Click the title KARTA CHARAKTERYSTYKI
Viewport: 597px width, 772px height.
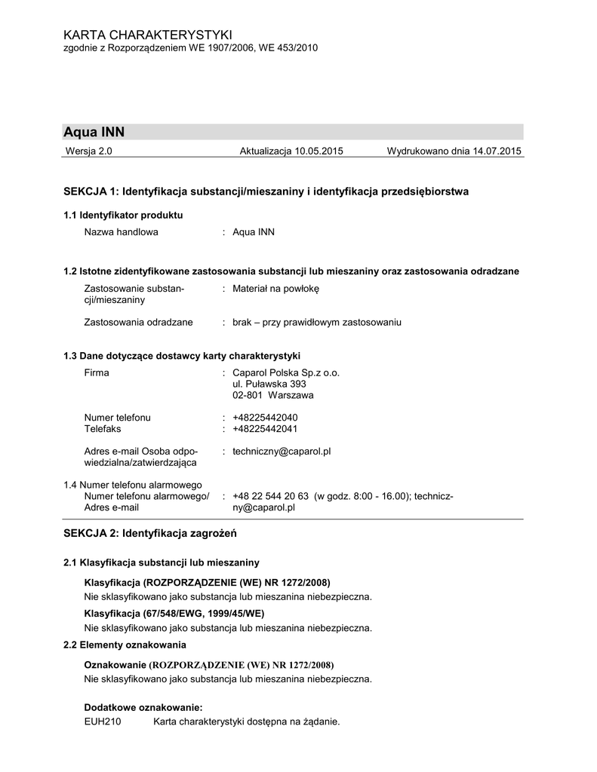(x=148, y=35)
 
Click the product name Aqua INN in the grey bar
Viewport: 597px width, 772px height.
(x=94, y=132)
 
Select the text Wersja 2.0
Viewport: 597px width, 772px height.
(x=89, y=152)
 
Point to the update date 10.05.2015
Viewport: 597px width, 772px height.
(x=319, y=152)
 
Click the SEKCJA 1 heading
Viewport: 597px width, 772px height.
(x=266, y=192)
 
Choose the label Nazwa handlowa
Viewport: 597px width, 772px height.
(x=121, y=232)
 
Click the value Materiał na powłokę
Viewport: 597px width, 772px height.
(x=276, y=289)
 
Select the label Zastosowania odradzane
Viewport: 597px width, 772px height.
(x=138, y=323)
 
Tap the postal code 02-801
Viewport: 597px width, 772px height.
(x=248, y=395)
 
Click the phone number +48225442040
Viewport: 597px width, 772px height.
(x=265, y=418)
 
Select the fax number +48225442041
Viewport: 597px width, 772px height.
(x=265, y=429)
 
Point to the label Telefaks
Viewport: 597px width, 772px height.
(x=103, y=429)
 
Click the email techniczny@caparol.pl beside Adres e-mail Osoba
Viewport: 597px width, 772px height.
(x=282, y=452)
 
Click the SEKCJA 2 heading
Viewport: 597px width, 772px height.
(x=150, y=534)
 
